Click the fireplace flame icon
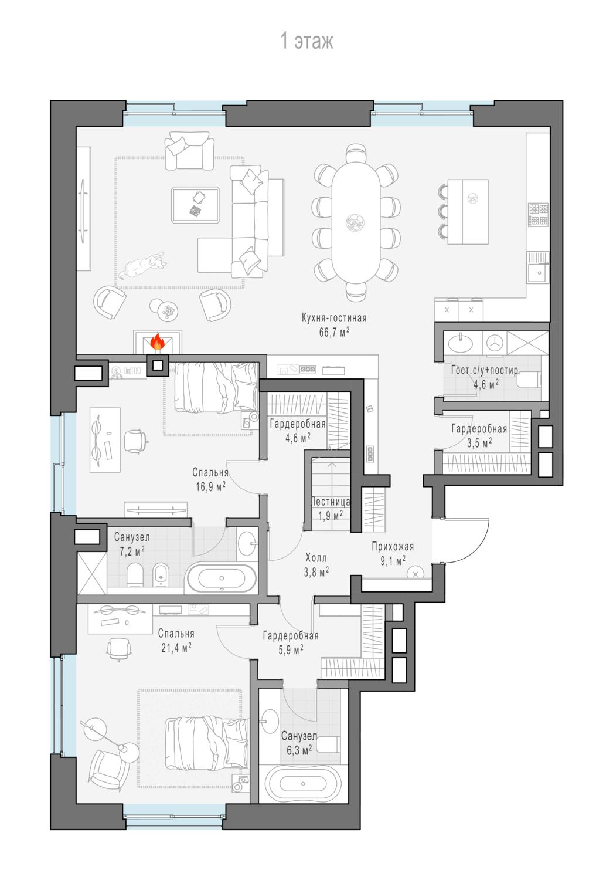coord(158,342)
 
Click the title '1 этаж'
coord(307,41)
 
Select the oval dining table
coord(356,222)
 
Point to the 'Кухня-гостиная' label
coord(335,317)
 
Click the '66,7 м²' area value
coord(335,332)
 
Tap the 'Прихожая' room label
coord(393,546)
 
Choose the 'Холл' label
coord(316,557)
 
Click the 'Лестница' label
coord(331,502)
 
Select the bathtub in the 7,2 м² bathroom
coord(222,578)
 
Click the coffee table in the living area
coord(196,205)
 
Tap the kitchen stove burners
coord(538,215)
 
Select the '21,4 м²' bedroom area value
coord(176,647)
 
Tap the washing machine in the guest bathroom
coord(495,343)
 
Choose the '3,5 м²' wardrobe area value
coord(479,443)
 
